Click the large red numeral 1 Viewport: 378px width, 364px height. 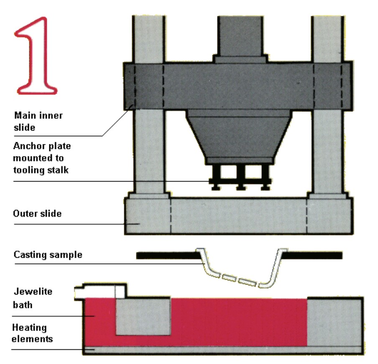(36, 54)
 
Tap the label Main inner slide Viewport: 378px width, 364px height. (38, 120)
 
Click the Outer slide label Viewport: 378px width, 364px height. (38, 214)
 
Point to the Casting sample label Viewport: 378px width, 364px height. (48, 254)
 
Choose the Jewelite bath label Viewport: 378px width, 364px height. (32, 298)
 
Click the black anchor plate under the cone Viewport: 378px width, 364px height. (240, 181)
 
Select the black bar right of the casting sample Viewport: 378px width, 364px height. (314, 254)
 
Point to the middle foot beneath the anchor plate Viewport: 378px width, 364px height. (240, 187)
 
